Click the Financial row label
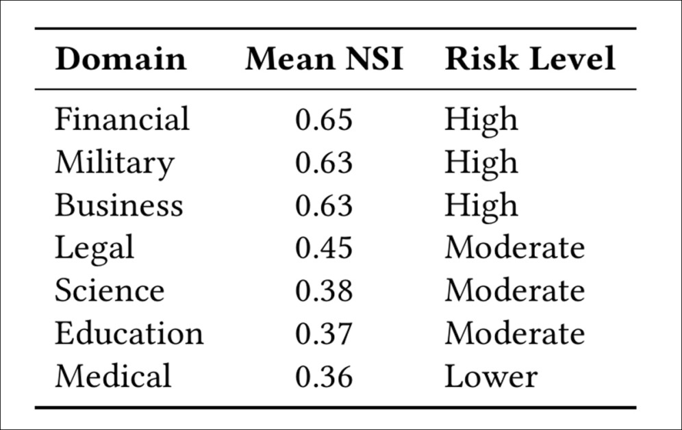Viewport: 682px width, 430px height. tap(122, 119)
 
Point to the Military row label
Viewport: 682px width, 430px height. tap(114, 162)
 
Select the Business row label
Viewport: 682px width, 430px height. tap(118, 205)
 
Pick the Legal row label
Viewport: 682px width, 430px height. tap(94, 249)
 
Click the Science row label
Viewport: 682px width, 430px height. tap(110, 291)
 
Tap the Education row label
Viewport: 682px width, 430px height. tap(129, 334)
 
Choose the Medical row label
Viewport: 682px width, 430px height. tap(113, 377)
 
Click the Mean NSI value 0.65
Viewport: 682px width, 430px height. tap(324, 120)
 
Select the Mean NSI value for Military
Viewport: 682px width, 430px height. tap(324, 162)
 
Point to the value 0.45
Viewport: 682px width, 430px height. tap(324, 248)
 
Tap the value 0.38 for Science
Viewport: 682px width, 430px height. tap(324, 291)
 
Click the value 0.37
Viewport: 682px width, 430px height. tap(324, 334)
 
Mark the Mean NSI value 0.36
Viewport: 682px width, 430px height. tap(324, 377)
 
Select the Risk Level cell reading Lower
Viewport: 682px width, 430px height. tap(490, 377)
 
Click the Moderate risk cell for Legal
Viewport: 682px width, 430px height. tap(514, 248)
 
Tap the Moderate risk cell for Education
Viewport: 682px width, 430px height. tap(514, 334)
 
